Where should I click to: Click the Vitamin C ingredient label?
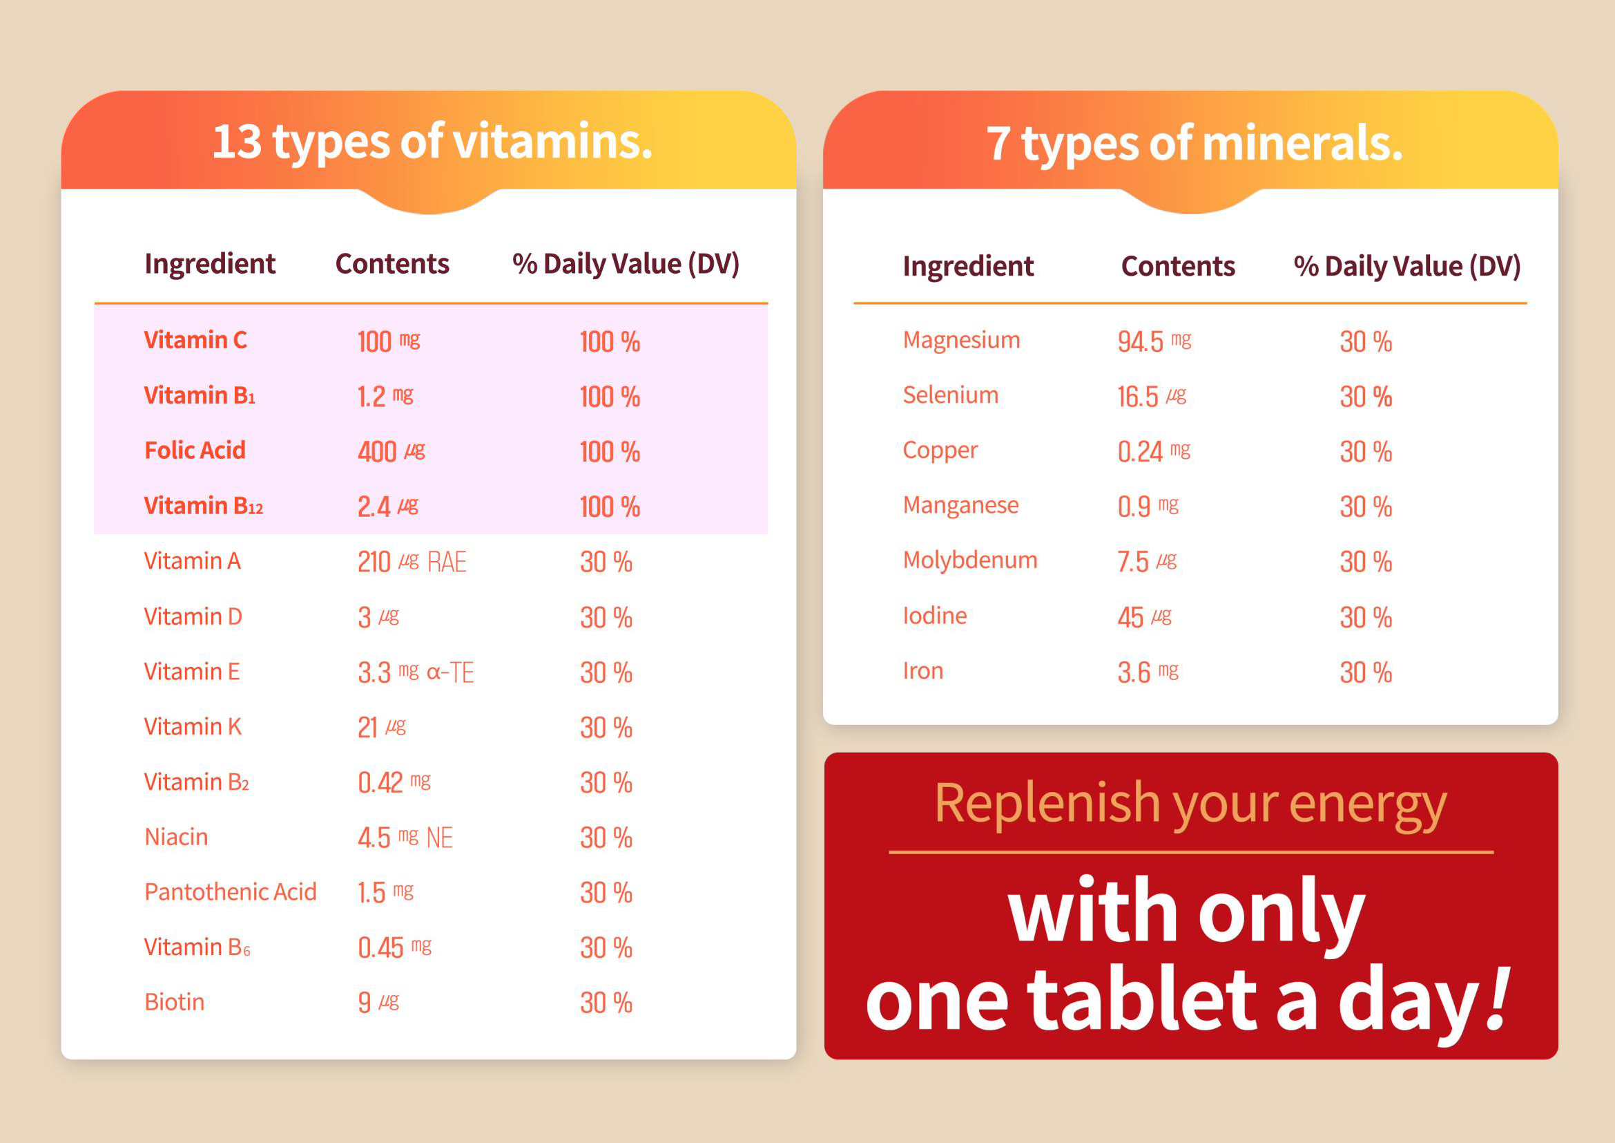click(195, 340)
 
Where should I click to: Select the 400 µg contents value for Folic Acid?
click(391, 451)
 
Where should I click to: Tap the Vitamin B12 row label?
click(203, 506)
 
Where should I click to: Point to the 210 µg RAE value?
click(412, 562)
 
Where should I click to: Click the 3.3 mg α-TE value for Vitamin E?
click(415, 672)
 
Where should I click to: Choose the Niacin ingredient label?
click(176, 837)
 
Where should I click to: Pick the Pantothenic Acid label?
click(230, 891)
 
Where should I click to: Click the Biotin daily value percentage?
click(606, 1003)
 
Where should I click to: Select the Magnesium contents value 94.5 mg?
click(1154, 341)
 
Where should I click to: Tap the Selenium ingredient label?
click(950, 395)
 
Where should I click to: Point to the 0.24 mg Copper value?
click(1154, 451)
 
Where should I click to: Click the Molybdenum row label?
click(970, 560)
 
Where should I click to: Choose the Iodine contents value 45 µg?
click(1144, 617)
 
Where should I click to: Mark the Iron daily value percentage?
click(1365, 672)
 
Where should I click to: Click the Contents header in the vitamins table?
click(391, 264)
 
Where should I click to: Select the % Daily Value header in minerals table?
click(1406, 267)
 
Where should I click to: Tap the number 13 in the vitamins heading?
click(236, 142)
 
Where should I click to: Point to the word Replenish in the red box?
click(1047, 803)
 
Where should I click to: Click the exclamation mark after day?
click(1498, 998)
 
